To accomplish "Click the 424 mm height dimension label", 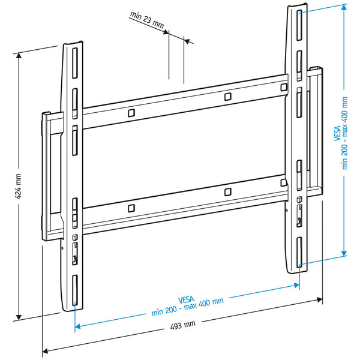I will click(19, 187).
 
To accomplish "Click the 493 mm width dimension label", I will click(183, 325).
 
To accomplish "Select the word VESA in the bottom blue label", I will click(187, 299).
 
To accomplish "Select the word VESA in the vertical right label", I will click(338, 131).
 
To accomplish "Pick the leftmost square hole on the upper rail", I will click(131, 112).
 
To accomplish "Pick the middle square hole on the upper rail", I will click(227, 97).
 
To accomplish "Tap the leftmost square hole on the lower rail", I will click(131, 208).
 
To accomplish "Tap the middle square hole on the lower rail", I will click(227, 192).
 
